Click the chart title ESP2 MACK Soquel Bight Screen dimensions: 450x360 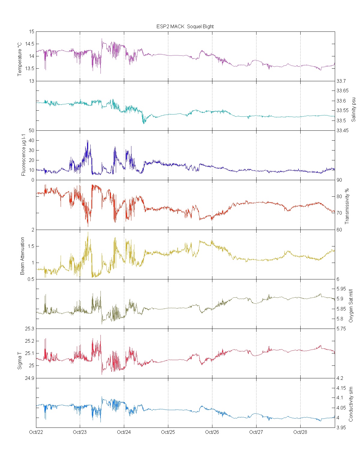click(x=185, y=26)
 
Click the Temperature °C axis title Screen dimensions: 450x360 click(x=20, y=59)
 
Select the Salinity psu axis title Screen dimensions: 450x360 click(x=353, y=109)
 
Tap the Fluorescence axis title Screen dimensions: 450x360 click(x=24, y=155)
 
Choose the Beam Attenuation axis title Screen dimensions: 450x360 click(x=22, y=256)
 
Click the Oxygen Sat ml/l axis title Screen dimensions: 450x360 click(x=351, y=306)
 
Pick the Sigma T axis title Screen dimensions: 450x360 click(x=20, y=359)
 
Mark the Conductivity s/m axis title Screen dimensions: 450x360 click(x=351, y=404)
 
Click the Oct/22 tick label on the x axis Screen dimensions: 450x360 click(x=36, y=432)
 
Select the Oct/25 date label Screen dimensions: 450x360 click(x=168, y=432)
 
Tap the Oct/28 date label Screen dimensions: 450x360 click(x=300, y=432)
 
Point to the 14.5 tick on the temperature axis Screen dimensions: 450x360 click(x=30, y=44)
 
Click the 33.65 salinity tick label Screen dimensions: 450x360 click(x=343, y=91)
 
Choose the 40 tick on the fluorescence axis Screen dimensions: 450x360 click(x=31, y=140)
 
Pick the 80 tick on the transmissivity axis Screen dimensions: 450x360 click(x=339, y=196)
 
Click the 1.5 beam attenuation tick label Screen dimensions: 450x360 click(x=31, y=246)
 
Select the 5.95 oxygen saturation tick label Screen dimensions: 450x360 click(x=341, y=289)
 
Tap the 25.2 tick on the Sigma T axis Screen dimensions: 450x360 click(x=30, y=341)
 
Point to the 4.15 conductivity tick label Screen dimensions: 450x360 click(x=341, y=388)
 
